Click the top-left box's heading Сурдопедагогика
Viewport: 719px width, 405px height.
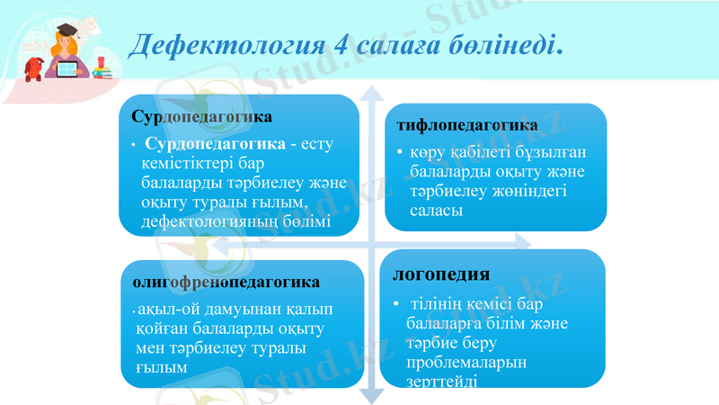tap(202, 117)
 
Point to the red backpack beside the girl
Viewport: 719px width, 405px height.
tap(33, 68)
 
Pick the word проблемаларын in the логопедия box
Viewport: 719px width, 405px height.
tap(466, 362)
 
